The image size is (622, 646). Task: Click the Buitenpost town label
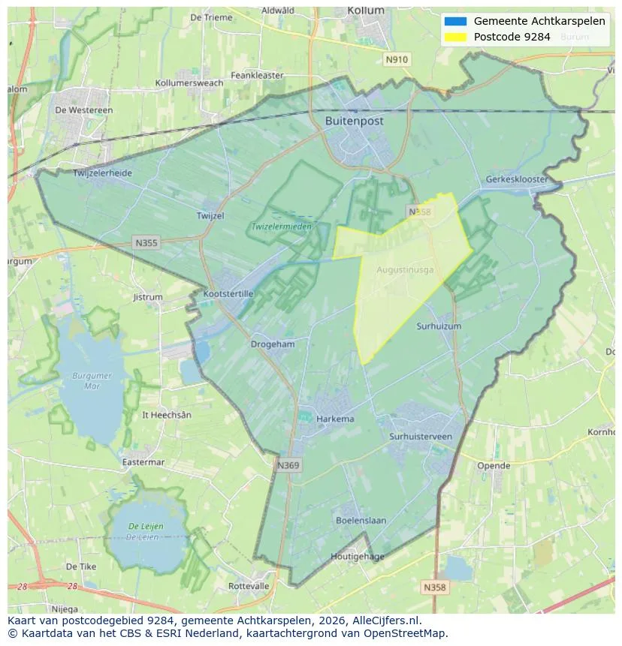pyautogui.click(x=354, y=121)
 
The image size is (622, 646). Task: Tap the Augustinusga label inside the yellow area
pyautogui.click(x=405, y=269)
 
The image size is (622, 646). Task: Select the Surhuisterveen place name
pyautogui.click(x=421, y=436)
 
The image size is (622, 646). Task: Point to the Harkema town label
pyautogui.click(x=335, y=419)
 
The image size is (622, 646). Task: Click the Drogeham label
pyautogui.click(x=272, y=344)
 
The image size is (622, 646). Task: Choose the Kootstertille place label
pyautogui.click(x=228, y=294)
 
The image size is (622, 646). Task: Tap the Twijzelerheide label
pyautogui.click(x=102, y=173)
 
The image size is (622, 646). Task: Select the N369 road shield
pyautogui.click(x=288, y=466)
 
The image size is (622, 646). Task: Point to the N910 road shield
pyautogui.click(x=396, y=59)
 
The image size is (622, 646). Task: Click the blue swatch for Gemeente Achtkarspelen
pyautogui.click(x=455, y=21)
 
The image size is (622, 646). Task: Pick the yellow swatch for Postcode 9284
pyautogui.click(x=455, y=37)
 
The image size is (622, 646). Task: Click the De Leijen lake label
pyautogui.click(x=145, y=531)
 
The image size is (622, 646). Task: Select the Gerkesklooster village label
pyautogui.click(x=517, y=179)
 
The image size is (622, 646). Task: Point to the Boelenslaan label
pyautogui.click(x=361, y=520)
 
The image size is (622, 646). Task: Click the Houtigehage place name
pyautogui.click(x=358, y=557)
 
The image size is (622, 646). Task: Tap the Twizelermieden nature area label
pyautogui.click(x=281, y=226)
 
